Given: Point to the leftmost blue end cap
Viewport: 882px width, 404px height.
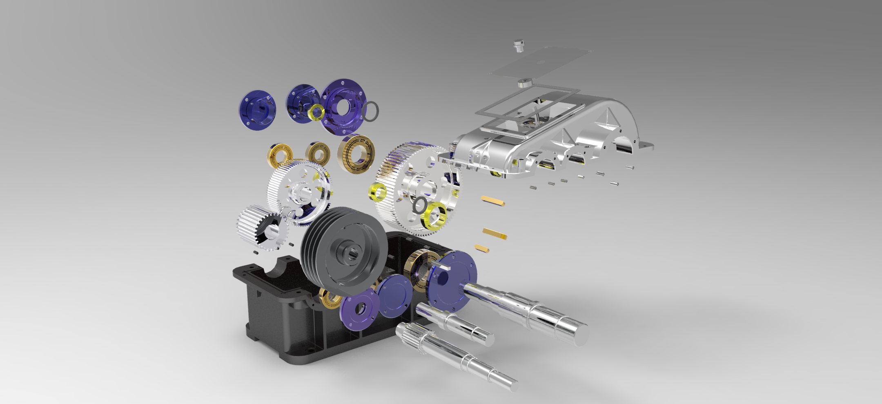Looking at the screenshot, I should [x=256, y=108].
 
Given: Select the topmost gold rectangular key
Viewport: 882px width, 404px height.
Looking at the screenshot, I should [x=493, y=200].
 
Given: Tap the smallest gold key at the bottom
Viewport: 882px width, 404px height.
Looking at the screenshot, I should [x=482, y=247].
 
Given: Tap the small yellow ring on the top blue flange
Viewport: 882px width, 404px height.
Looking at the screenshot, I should [x=317, y=111].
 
